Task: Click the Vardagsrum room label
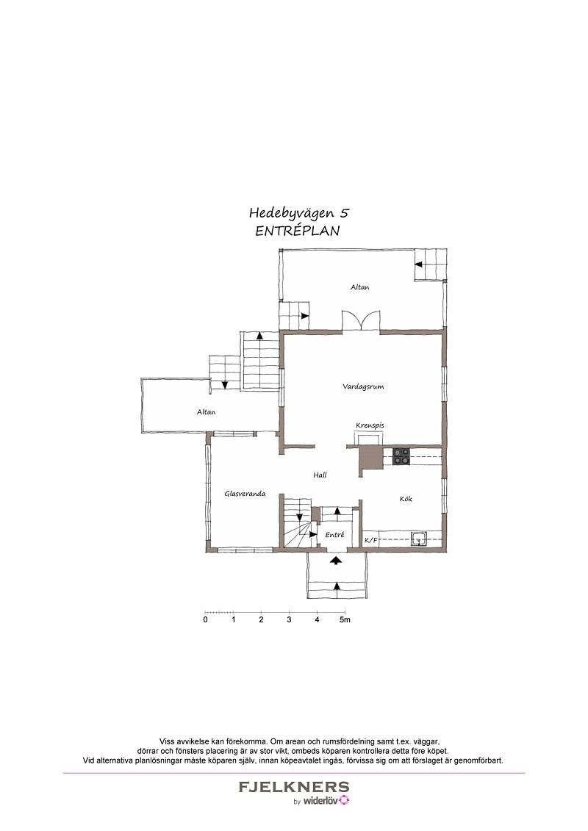[363, 387]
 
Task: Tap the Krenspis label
[370, 425]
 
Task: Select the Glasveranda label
[245, 494]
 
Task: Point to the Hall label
[320, 475]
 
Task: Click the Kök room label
[406, 499]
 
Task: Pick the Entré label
[334, 536]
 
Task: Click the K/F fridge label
[370, 540]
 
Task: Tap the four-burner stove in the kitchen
[401, 456]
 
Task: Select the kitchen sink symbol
[420, 539]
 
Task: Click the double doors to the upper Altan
[361, 321]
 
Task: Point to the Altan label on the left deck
[207, 411]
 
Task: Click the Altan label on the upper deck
[360, 287]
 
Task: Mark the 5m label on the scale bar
[345, 619]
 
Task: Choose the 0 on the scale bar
[206, 619]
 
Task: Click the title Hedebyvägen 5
[299, 214]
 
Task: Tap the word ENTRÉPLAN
[298, 231]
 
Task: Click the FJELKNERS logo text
[294, 787]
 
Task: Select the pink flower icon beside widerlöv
[345, 800]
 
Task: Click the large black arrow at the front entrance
[335, 560]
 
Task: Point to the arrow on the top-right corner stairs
[418, 263]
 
